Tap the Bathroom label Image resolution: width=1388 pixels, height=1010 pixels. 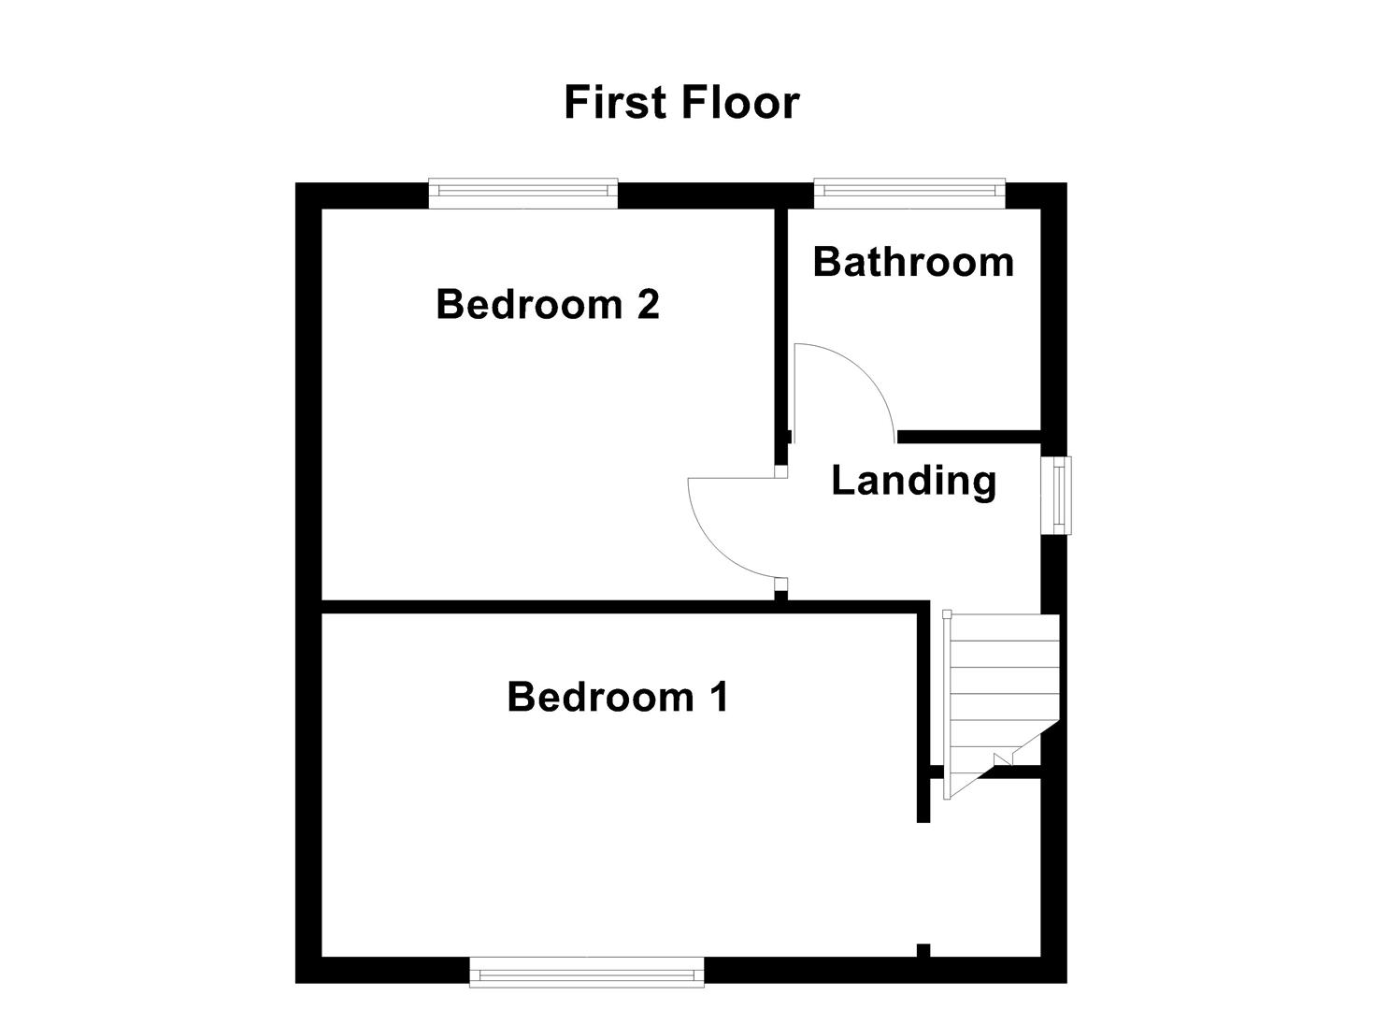[x=913, y=262]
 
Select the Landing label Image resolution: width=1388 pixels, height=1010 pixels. [x=913, y=481]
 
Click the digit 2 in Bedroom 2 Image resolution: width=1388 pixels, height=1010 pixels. [x=647, y=305]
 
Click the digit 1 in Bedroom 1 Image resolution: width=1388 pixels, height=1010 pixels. [x=717, y=698]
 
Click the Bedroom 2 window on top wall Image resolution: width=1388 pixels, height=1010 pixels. [x=523, y=194]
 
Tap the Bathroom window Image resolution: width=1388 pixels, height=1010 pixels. [x=909, y=194]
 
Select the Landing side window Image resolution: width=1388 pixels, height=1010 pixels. [x=1059, y=495]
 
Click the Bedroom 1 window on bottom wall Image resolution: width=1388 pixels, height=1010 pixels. [x=587, y=972]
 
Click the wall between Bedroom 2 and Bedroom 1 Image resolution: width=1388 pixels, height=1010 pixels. [x=561, y=607]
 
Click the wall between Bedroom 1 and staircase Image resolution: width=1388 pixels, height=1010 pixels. [x=923, y=711]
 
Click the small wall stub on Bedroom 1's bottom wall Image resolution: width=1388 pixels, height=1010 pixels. [x=923, y=951]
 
